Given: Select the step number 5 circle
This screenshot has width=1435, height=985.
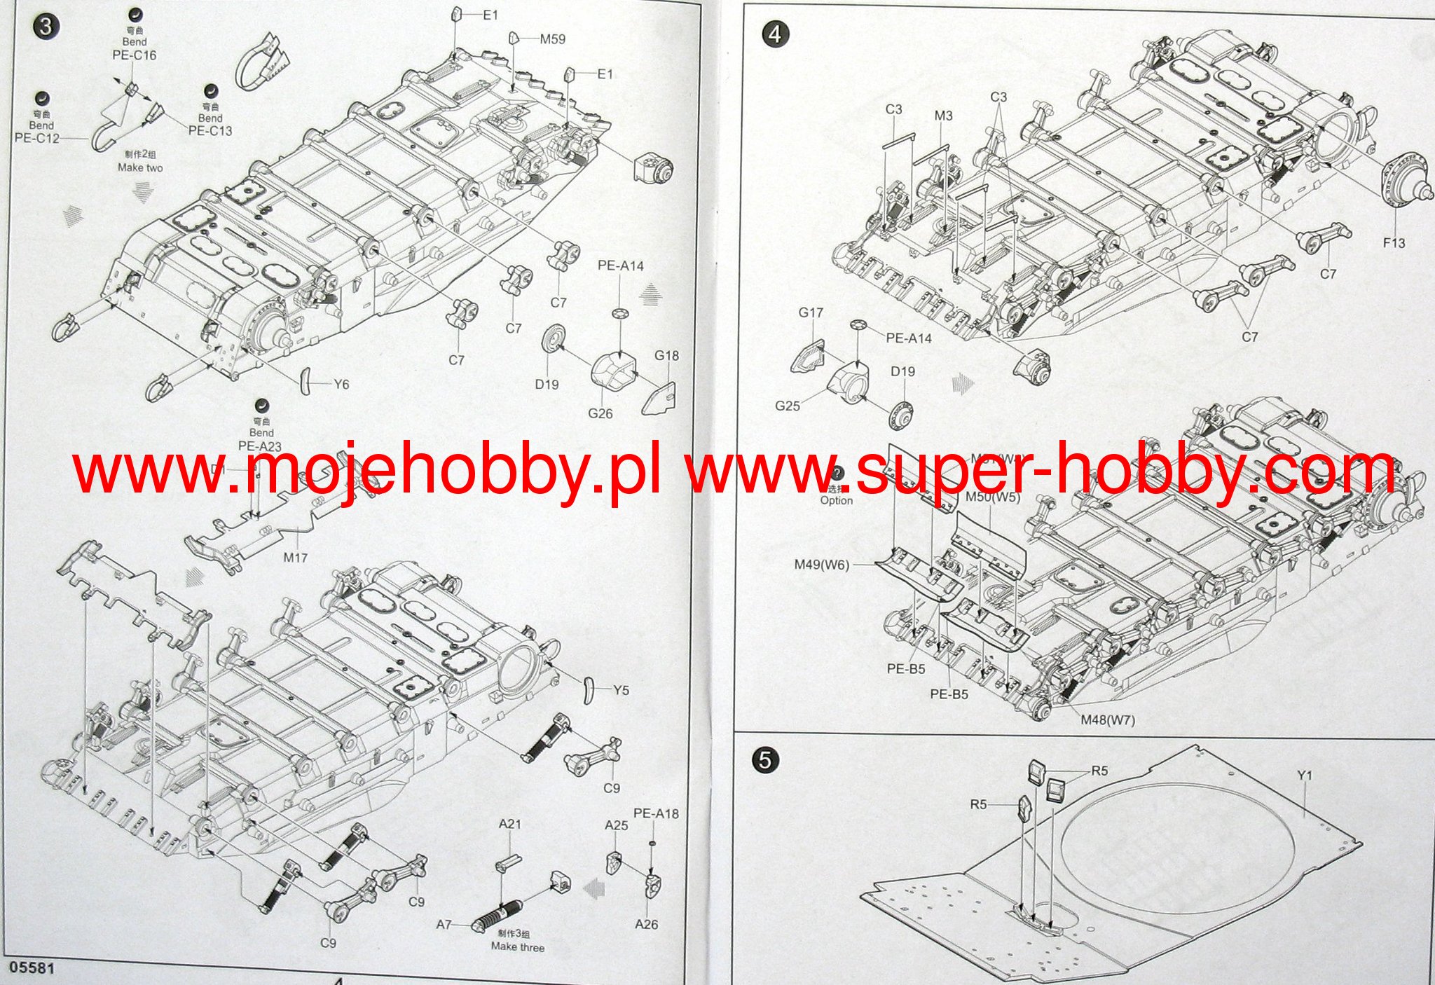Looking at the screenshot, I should pos(764,760).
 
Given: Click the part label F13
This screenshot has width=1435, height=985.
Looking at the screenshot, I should pos(1394,242).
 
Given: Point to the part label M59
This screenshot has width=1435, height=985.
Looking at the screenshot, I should pos(552,39).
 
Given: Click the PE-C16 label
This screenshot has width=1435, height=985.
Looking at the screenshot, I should pos(135,55).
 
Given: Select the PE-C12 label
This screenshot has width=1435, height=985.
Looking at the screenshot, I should pos(36,138).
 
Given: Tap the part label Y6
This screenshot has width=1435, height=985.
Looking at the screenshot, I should pos(341,384).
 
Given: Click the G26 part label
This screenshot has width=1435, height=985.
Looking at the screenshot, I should pos(600,413).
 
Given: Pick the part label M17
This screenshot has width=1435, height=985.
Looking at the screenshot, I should pos(295,558).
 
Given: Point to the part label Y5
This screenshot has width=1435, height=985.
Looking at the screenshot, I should pos(621,690).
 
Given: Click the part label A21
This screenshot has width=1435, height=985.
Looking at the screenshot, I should pos(510,824).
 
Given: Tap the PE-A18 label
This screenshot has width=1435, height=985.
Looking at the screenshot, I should pos(656,814).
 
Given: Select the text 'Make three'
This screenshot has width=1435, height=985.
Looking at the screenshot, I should pos(517,947).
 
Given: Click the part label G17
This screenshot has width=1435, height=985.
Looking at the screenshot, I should pos(811,312).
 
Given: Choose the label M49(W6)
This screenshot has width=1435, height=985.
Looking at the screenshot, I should pos(821,565).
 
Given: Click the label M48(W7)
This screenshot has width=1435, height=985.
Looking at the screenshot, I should pos(1107,719).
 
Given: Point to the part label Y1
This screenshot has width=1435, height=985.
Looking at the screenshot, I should pos(1304,776).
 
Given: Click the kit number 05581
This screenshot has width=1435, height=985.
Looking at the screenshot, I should pos(29,967).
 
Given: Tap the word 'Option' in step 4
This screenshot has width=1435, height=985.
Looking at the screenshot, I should pos(837,500).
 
